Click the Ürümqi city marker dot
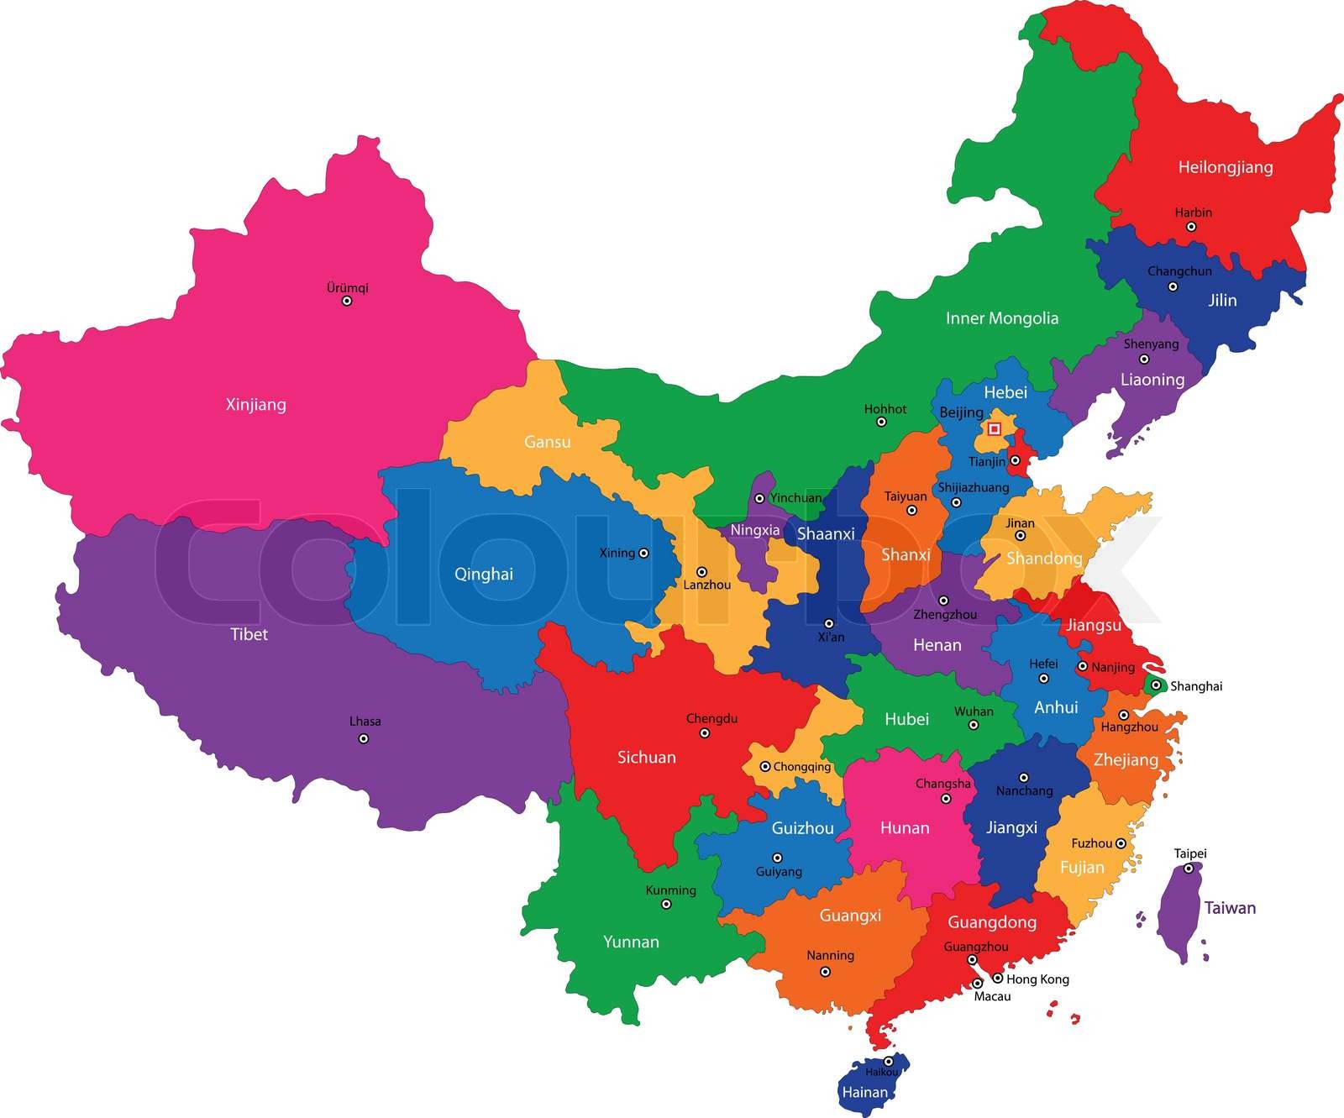(x=346, y=301)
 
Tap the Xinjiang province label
(x=256, y=405)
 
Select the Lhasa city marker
(x=364, y=739)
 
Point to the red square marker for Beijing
(x=995, y=429)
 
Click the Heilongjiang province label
(x=1226, y=167)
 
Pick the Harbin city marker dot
(x=1191, y=227)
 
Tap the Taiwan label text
(x=1230, y=908)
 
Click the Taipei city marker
(x=1189, y=869)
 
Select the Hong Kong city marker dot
(x=997, y=978)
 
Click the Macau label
(x=992, y=997)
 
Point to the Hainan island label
(x=864, y=1093)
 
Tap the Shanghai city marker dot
(x=1156, y=685)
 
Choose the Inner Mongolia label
(x=1002, y=318)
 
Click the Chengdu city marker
(x=705, y=733)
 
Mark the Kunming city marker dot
(x=666, y=905)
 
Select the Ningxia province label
(x=755, y=531)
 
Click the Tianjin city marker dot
(x=1015, y=460)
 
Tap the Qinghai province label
(x=483, y=575)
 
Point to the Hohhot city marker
(x=881, y=422)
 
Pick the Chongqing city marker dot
(x=765, y=767)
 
